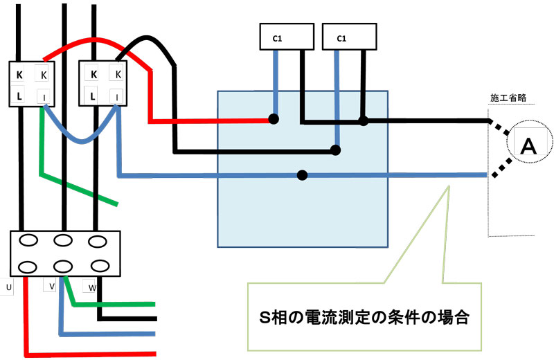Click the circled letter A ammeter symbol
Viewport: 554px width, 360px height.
pos(528,145)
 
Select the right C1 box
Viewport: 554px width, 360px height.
pos(341,38)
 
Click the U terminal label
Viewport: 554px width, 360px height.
pos(8,286)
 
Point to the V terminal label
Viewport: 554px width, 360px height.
pos(51,286)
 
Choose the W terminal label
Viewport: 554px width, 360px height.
pos(92,287)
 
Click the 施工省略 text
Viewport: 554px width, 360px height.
pos(508,98)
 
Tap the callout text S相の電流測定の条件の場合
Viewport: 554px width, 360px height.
pos(365,319)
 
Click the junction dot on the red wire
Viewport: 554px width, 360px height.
pos(274,119)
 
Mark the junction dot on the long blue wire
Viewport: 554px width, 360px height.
pos(302,174)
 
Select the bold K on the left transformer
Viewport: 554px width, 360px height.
pos(20,74)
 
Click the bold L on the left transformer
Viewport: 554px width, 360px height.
pos(20,96)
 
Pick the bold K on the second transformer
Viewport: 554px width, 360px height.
pos(93,74)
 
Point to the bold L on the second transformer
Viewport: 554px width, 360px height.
pos(93,96)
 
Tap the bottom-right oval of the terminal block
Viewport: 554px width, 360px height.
pos(100,266)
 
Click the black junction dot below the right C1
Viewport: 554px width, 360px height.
pos(363,121)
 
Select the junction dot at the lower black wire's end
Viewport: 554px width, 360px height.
pos(337,150)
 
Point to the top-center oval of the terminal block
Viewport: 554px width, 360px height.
pos(64,242)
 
